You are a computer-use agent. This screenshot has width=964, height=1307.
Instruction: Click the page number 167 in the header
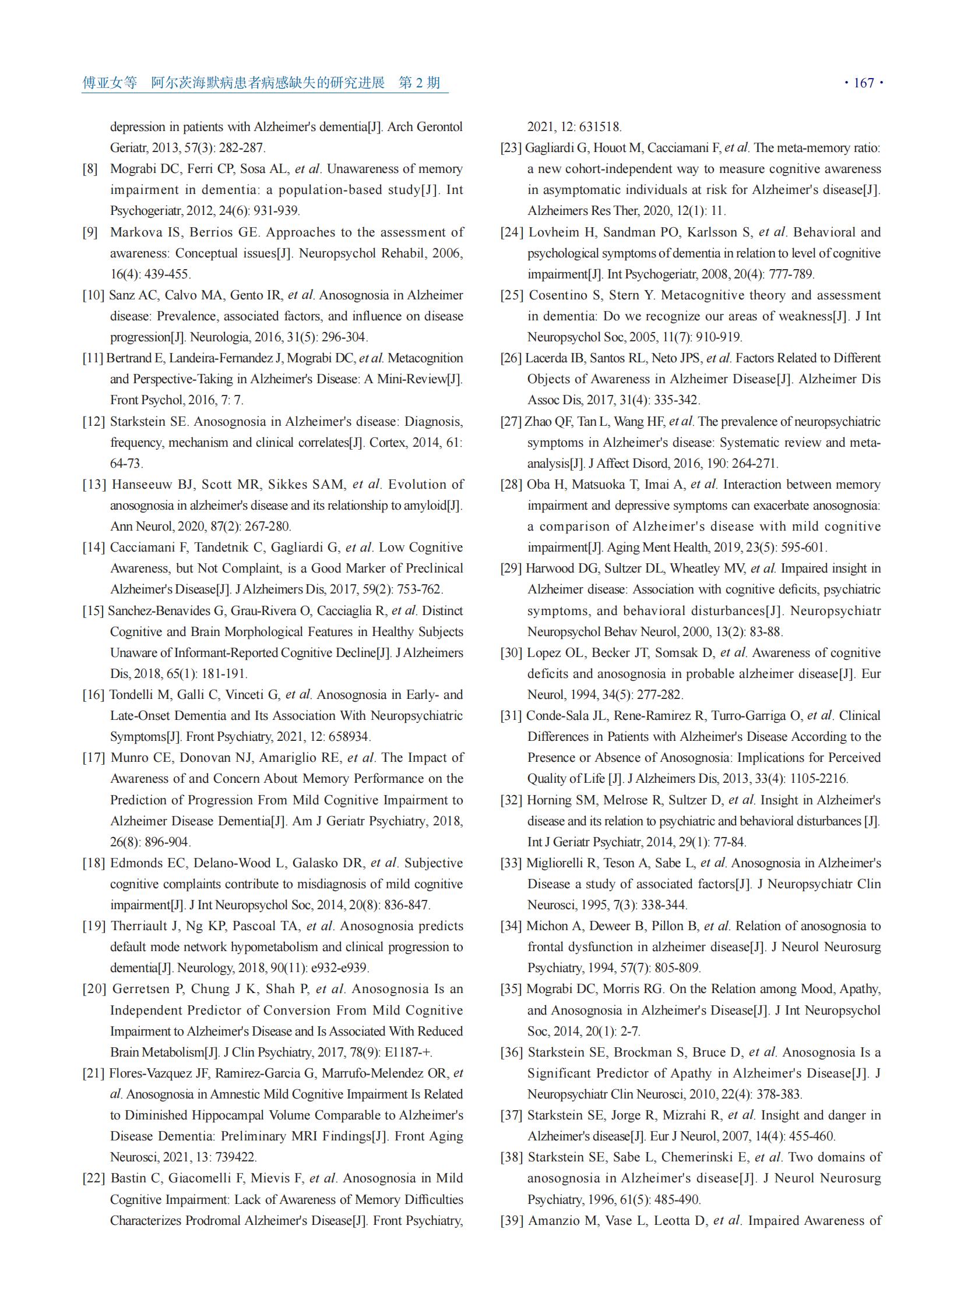coord(864,83)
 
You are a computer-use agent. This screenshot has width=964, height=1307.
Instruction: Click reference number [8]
coord(90,169)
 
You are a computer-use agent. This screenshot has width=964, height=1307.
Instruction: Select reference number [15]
coord(93,610)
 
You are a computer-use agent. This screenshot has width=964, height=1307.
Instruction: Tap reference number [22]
coord(93,1178)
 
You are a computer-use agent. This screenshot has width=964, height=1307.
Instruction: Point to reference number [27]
coord(511,422)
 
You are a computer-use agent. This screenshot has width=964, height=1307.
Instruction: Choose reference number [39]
coord(512,1221)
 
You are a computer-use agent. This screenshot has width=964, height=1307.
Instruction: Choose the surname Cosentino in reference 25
coord(557,295)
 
